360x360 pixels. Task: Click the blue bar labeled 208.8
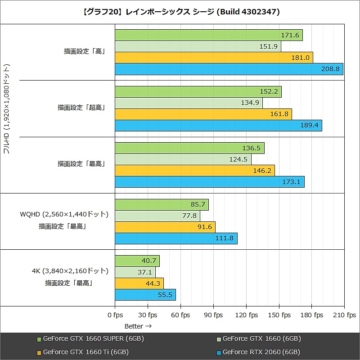point(229,69)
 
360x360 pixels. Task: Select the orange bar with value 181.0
point(214,58)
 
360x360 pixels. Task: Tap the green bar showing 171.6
point(208,35)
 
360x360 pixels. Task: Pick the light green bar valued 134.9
point(189,103)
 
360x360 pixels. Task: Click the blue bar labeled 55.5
point(145,295)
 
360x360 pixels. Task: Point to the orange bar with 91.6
point(165,227)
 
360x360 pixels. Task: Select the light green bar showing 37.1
point(135,272)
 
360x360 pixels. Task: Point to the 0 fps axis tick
point(115,315)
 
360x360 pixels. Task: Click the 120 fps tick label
point(246,315)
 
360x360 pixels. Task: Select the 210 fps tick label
point(344,315)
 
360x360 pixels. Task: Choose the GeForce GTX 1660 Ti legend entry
point(85,352)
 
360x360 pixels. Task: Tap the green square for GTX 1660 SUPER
point(39,339)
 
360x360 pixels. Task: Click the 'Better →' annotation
point(138,326)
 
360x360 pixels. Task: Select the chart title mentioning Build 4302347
point(180,12)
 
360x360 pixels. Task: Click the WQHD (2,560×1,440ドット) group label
point(64,215)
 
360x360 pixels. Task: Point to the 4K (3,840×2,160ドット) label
point(70,271)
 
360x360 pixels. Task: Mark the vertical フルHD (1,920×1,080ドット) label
point(7,108)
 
